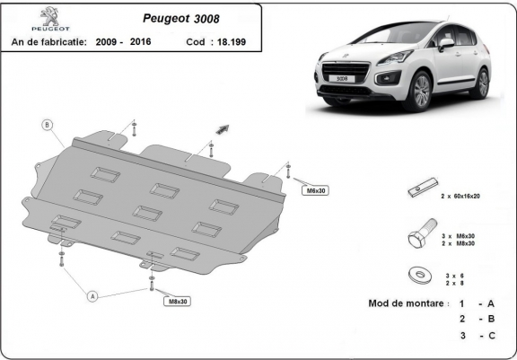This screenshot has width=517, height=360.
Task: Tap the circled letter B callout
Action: (x=48, y=125)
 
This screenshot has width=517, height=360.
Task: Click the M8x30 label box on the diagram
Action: (x=178, y=302)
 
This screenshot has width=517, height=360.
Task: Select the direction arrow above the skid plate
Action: (x=219, y=130)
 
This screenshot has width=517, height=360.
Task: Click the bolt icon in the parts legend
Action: (x=420, y=238)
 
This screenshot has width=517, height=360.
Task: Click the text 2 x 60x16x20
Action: (x=463, y=196)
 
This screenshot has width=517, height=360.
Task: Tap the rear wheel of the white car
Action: (x=484, y=83)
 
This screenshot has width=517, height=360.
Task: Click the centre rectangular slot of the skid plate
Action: (x=146, y=212)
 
